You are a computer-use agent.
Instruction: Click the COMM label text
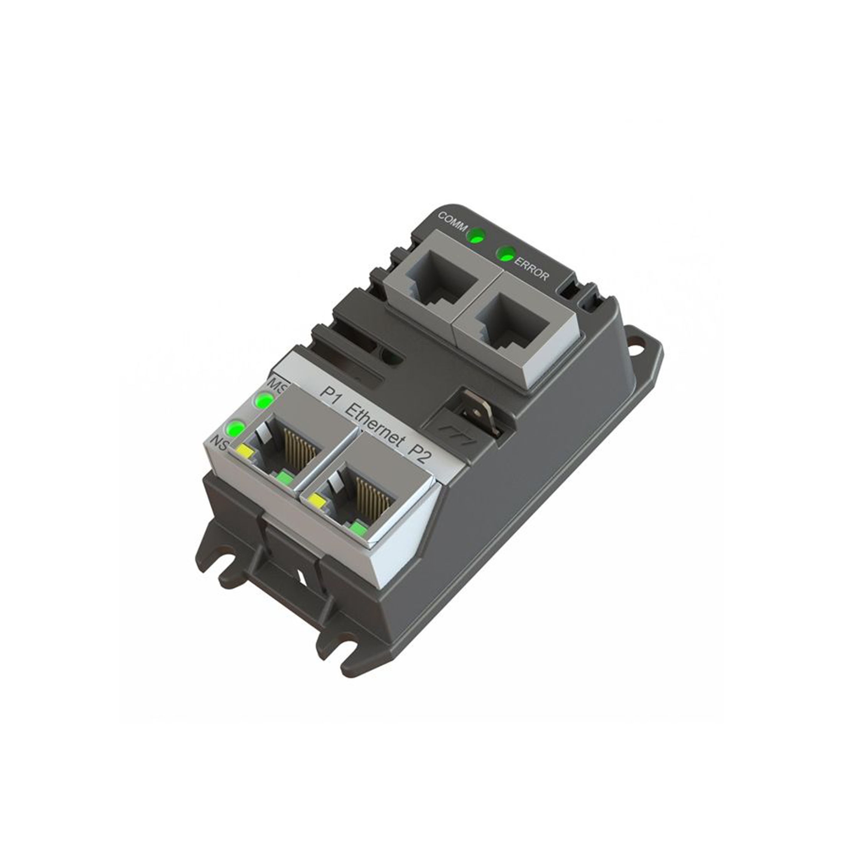pos(453,220)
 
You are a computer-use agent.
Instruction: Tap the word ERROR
pos(531,269)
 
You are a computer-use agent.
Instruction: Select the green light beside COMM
pos(475,237)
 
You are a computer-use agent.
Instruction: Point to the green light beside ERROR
pos(507,254)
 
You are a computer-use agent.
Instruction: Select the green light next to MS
pos(264,400)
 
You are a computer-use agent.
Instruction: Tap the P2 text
pos(419,455)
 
